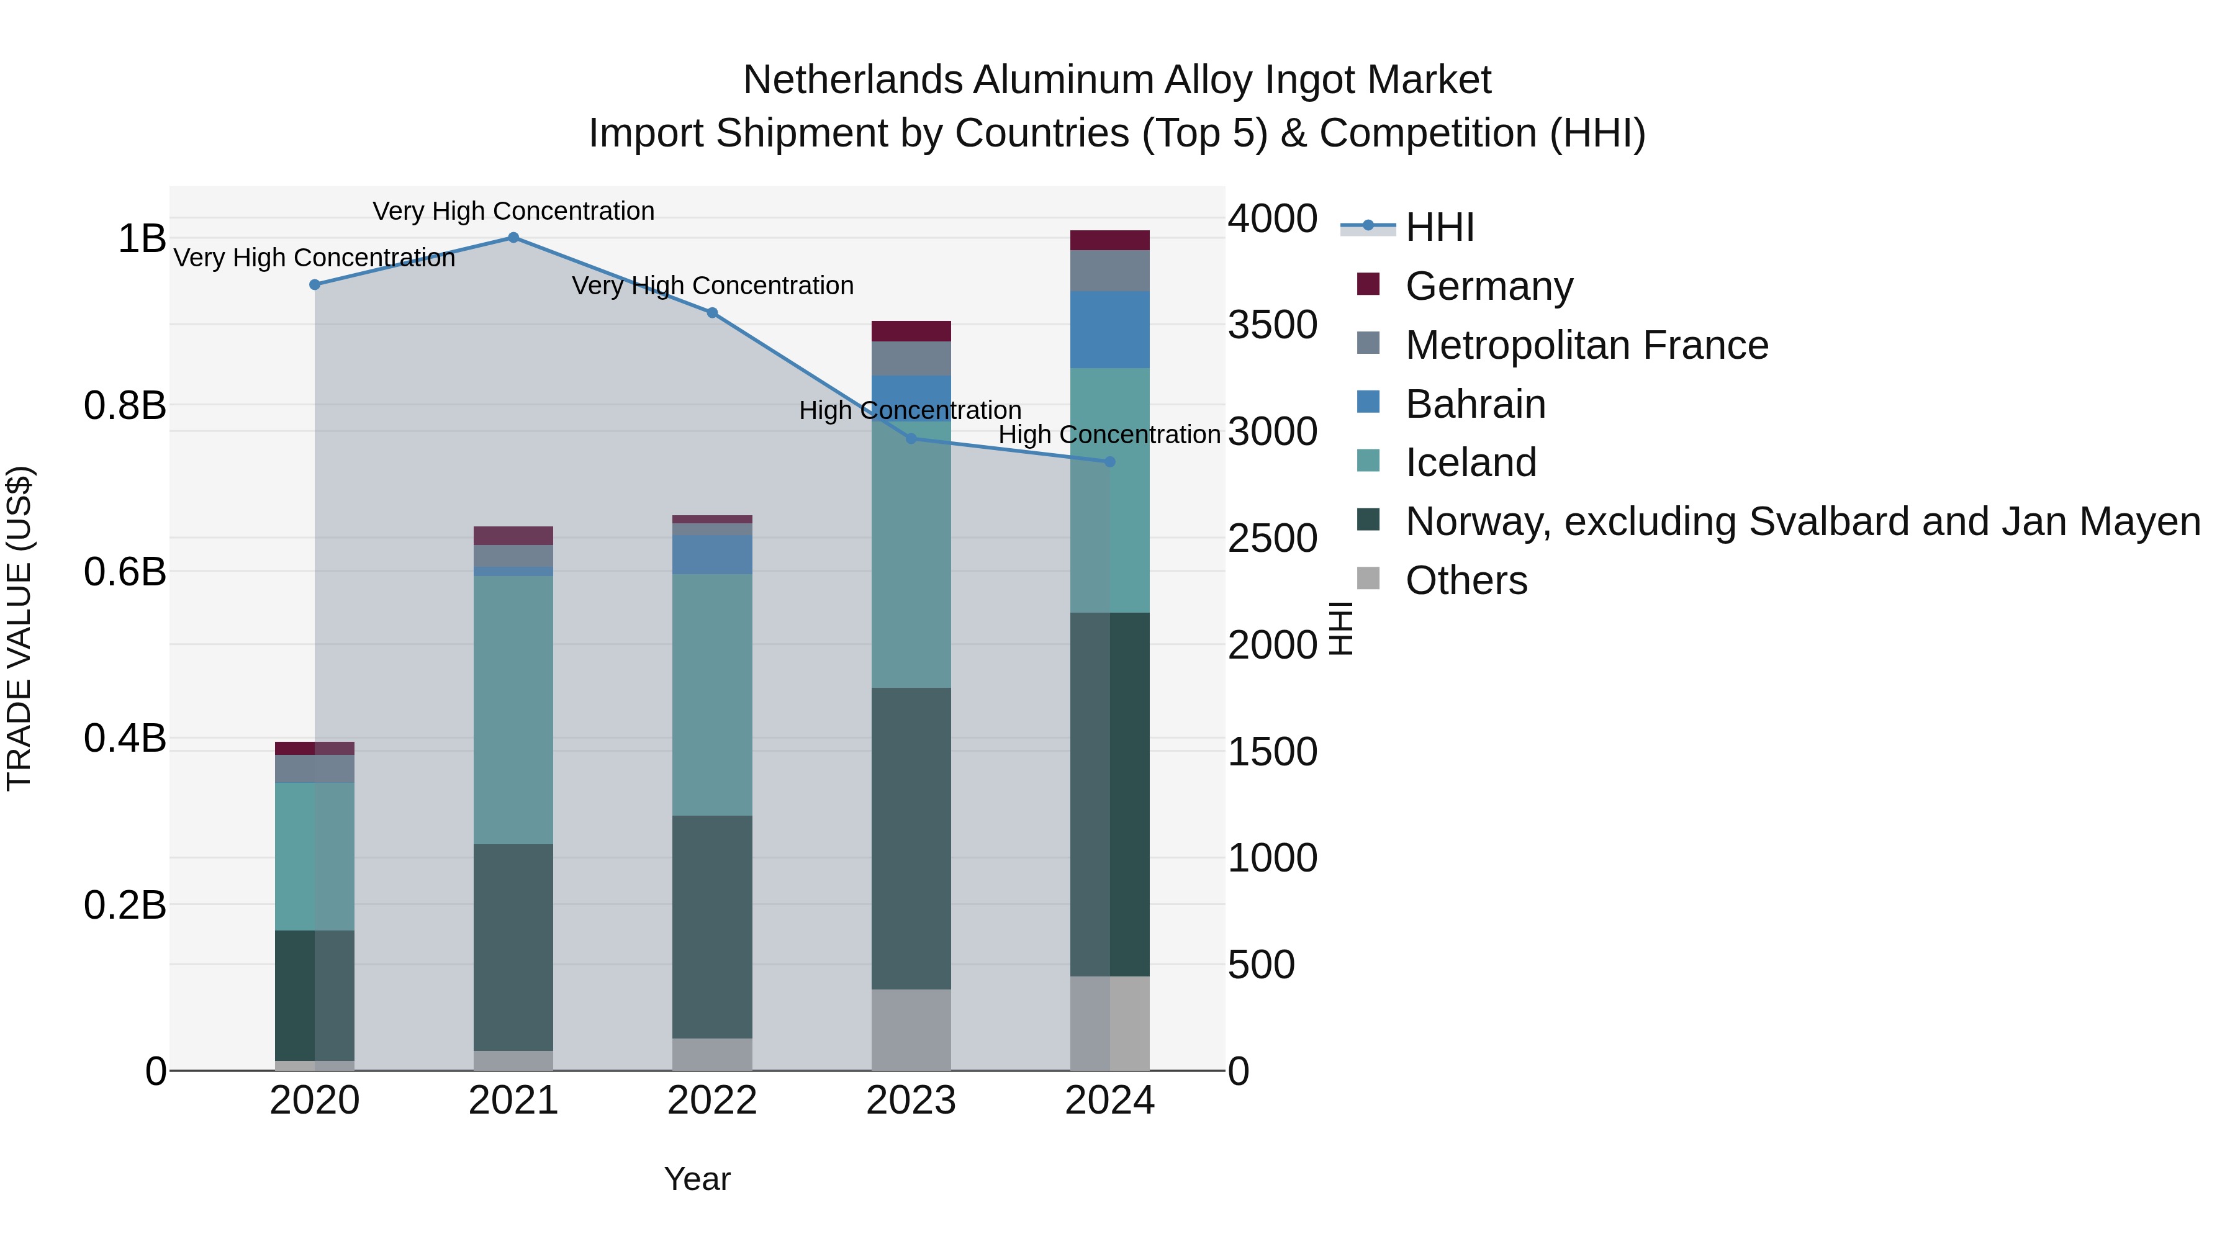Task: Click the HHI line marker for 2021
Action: [513, 238]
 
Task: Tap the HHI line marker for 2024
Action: [1109, 461]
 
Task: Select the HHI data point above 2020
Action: [315, 284]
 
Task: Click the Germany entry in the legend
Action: [1488, 286]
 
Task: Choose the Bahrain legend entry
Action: [1475, 404]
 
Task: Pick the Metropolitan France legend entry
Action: [1586, 345]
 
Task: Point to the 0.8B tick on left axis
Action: [125, 405]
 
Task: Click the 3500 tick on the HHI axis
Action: [1272, 325]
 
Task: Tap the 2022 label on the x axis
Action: [711, 1101]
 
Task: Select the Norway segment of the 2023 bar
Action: [911, 837]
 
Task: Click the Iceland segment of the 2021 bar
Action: [513, 709]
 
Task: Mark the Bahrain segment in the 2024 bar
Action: [1109, 330]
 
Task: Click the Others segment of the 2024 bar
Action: [1109, 1023]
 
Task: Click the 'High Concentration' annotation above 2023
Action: [910, 410]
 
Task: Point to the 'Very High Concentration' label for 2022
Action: [712, 286]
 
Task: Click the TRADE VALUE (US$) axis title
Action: [19, 628]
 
